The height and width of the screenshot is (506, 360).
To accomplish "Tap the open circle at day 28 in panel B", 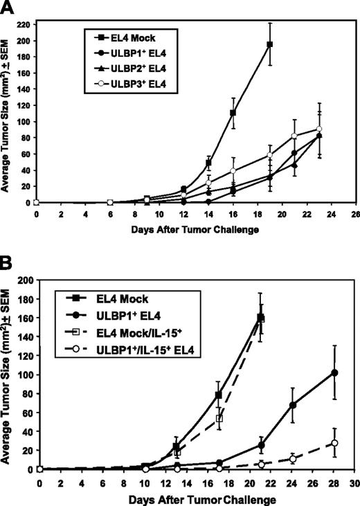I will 316,443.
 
